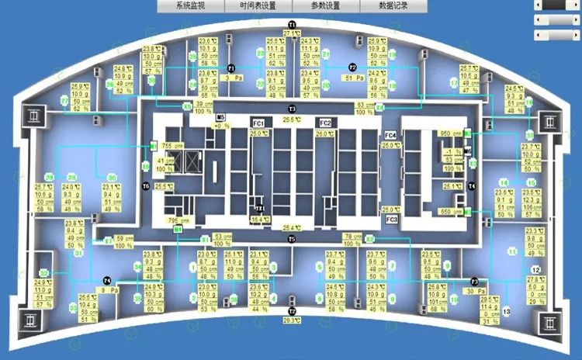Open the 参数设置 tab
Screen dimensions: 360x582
(325, 5)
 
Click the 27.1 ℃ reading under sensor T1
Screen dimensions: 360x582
(291, 34)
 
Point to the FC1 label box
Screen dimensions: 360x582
(258, 123)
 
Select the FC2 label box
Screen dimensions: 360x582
(325, 123)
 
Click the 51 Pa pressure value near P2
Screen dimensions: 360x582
(354, 78)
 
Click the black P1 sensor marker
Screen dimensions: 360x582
(230, 68)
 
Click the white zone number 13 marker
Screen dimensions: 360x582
(506, 311)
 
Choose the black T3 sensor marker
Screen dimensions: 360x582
(292, 108)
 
